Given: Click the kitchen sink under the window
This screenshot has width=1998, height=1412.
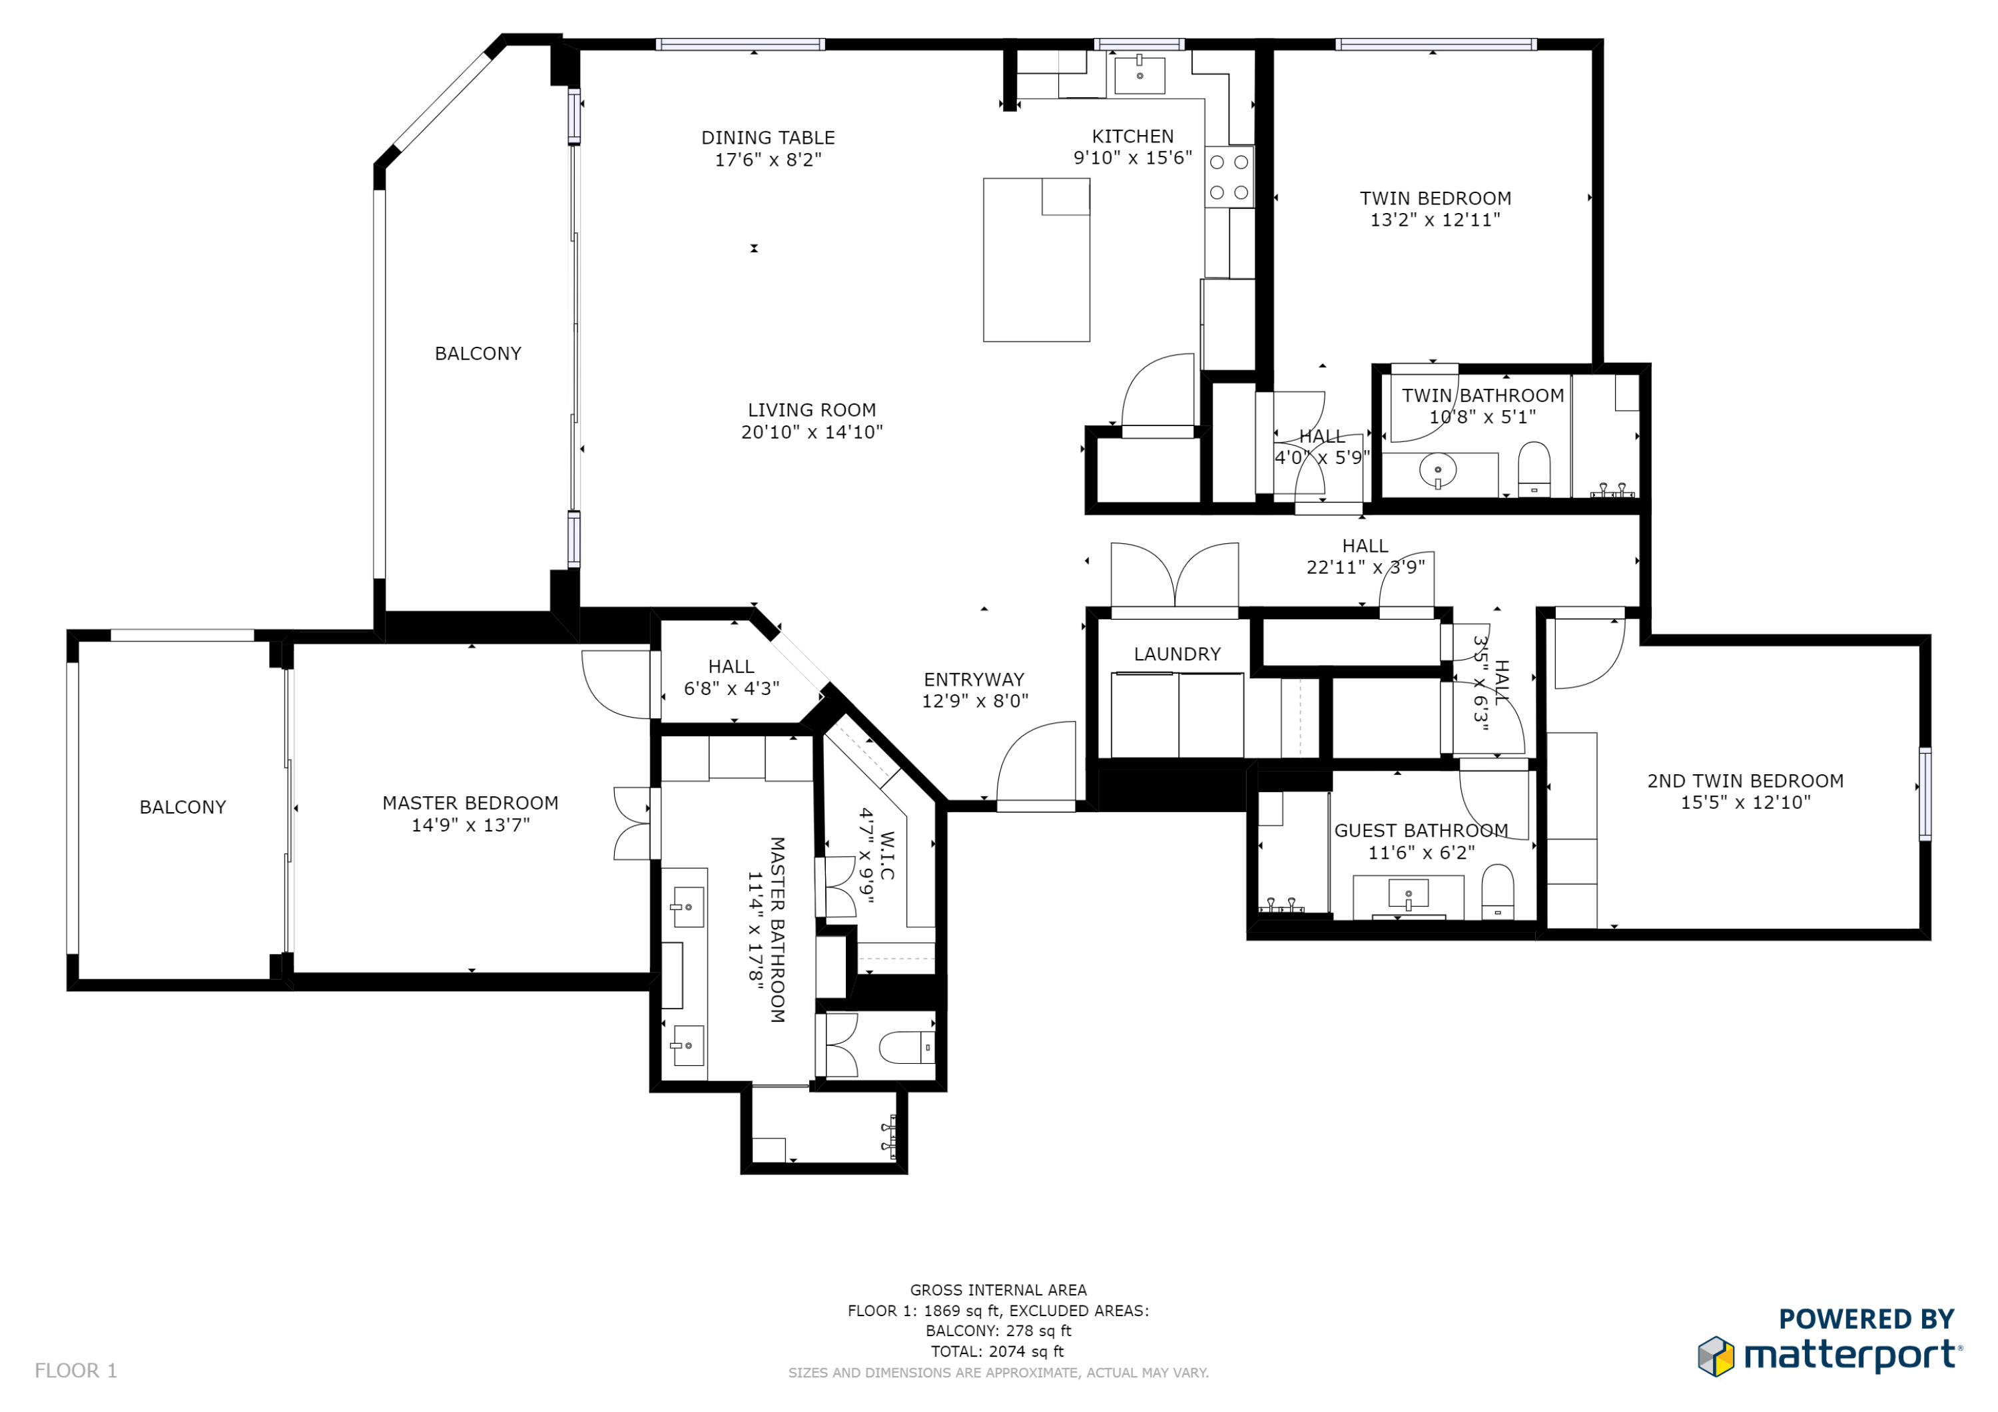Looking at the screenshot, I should coord(1139,75).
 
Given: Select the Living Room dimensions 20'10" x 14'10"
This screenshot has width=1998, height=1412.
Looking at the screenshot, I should coord(811,432).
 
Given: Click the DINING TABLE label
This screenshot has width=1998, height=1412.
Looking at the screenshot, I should coord(767,137).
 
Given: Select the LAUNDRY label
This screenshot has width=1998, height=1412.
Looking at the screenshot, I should coord(1177,654).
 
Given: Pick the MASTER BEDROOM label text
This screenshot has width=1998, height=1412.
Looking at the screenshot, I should coord(470,803).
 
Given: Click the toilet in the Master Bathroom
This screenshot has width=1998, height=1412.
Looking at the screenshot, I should coord(905,1047).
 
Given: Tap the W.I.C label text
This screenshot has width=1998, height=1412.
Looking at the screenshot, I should coord(886,855).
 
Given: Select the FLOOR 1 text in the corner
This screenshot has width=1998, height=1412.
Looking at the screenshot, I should coord(76,1370).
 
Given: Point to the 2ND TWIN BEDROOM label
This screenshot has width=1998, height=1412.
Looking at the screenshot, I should coord(1745,782).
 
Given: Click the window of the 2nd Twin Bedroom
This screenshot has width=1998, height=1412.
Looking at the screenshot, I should coord(1925,794).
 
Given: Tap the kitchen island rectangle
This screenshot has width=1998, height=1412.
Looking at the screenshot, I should coord(1036,260).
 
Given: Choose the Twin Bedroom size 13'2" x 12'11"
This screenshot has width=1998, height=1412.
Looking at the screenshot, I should coord(1435,220).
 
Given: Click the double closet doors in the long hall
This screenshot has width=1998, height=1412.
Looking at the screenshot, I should coord(1175,577).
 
